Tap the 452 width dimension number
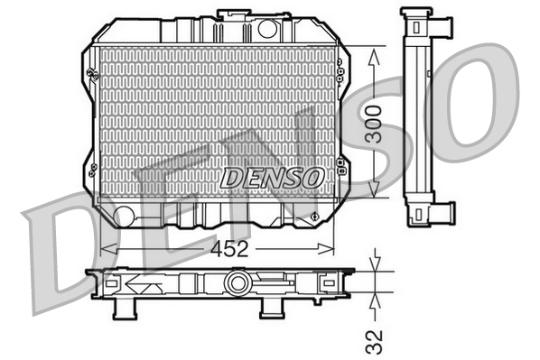(x=230, y=250)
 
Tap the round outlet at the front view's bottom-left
(x=125, y=216)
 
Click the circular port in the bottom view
(x=237, y=283)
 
